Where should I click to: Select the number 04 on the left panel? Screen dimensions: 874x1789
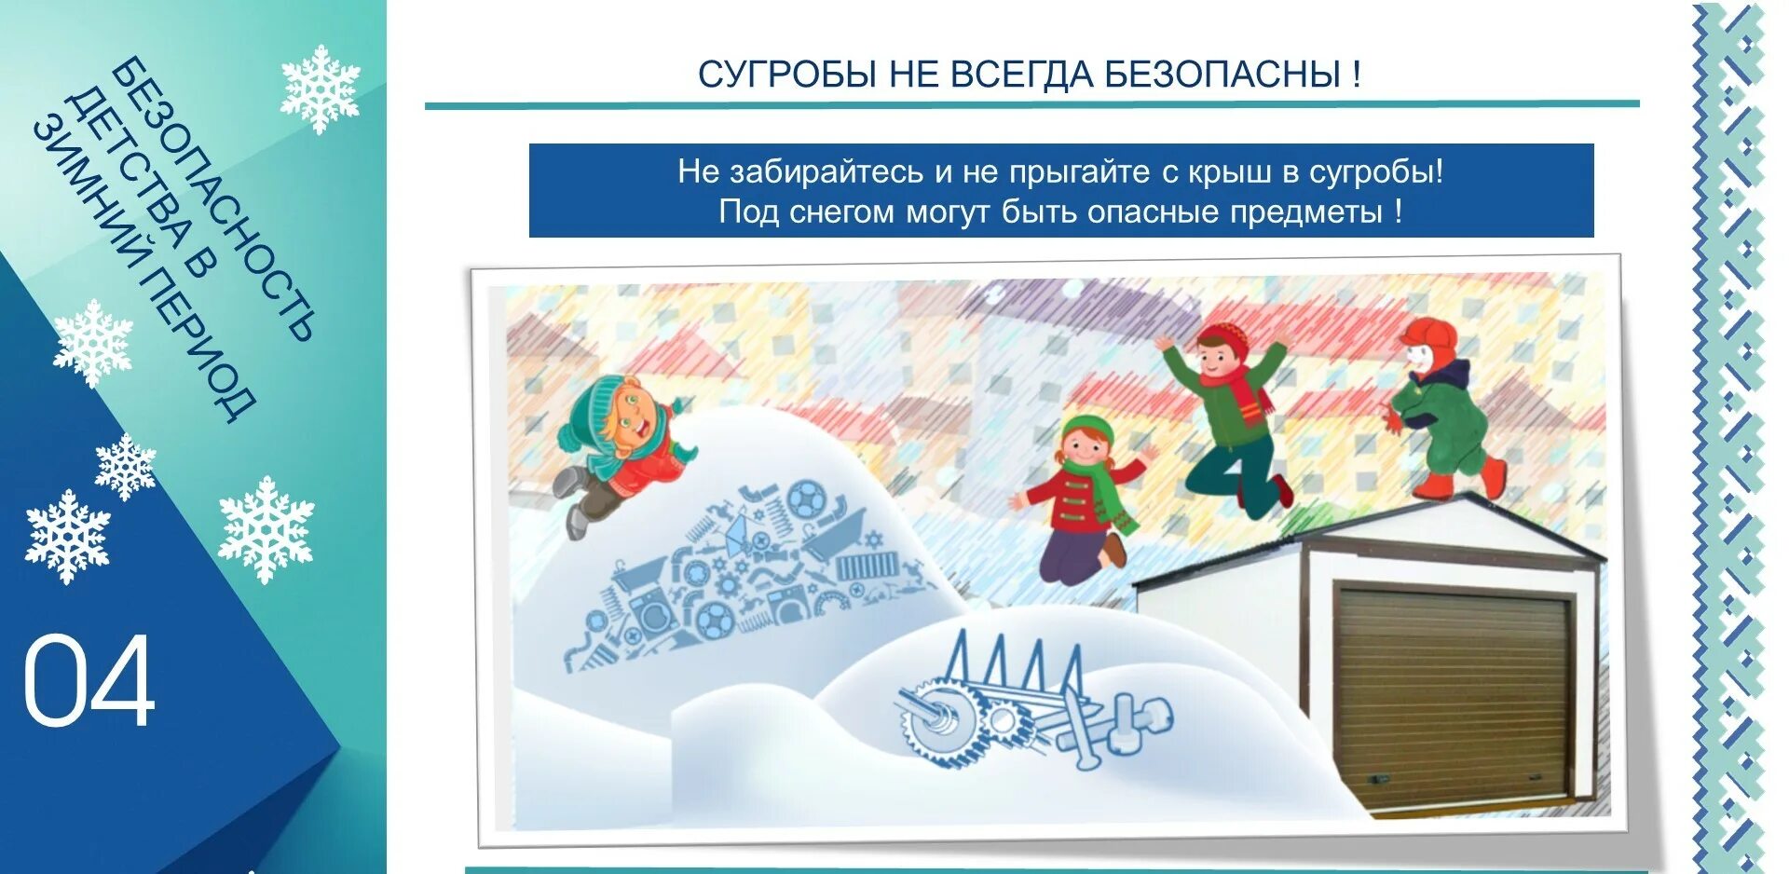[89, 681]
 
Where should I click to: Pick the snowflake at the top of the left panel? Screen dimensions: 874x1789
[320, 89]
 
